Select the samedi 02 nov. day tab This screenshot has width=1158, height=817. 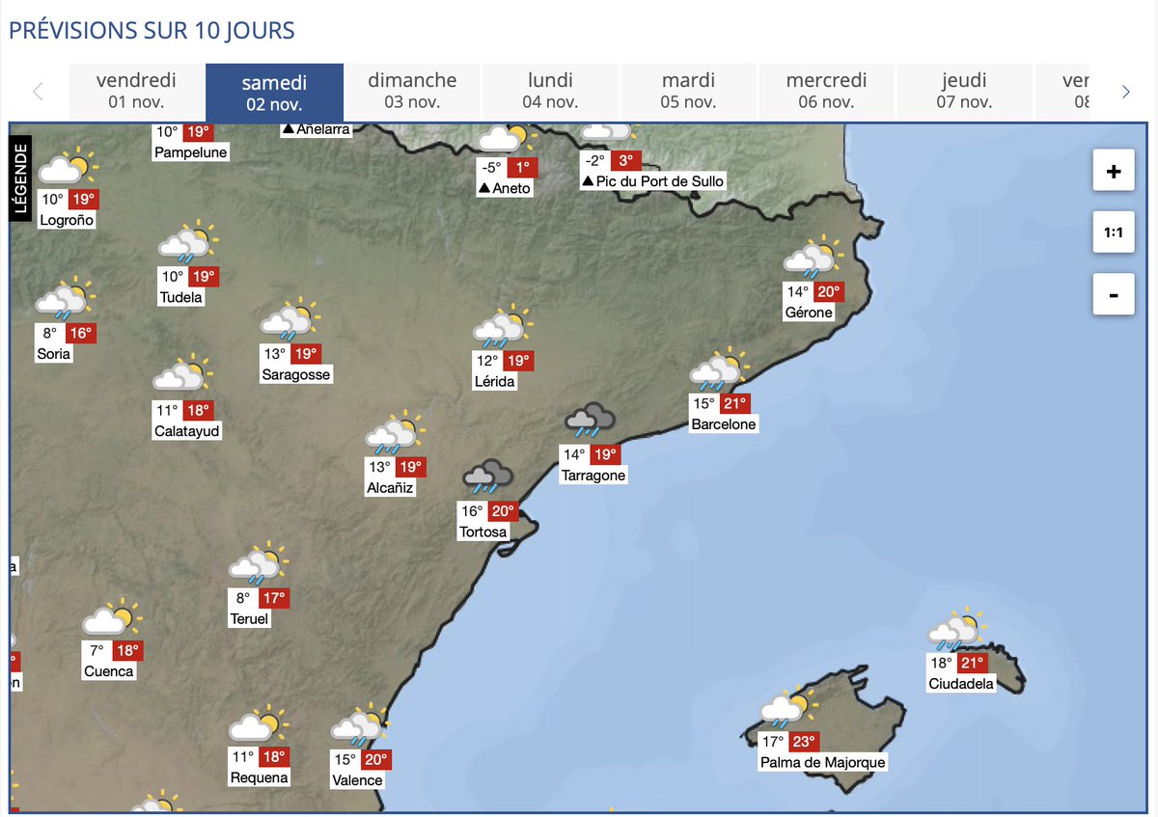coord(274,92)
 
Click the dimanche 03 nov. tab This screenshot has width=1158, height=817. coord(412,92)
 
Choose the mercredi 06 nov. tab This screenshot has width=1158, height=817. coord(826,92)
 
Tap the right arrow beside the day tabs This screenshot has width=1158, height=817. coord(1125,92)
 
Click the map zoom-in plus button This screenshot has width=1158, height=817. coord(1114,172)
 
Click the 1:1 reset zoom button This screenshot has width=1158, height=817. coord(1114,232)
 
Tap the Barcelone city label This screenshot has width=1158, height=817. coord(724,424)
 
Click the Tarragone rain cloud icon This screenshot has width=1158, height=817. coord(590,420)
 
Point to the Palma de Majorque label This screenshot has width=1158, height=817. coord(822,763)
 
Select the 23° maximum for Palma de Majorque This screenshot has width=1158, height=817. coord(805,742)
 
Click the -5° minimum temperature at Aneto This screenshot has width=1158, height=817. coord(492,167)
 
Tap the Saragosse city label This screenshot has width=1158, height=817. coord(295,375)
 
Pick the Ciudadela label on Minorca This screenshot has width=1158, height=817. coord(960,685)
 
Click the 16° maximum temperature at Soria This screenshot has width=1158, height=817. coord(80,333)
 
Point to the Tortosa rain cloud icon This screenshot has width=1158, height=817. coord(488,477)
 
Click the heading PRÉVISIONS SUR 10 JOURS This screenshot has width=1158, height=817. coord(152,30)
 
